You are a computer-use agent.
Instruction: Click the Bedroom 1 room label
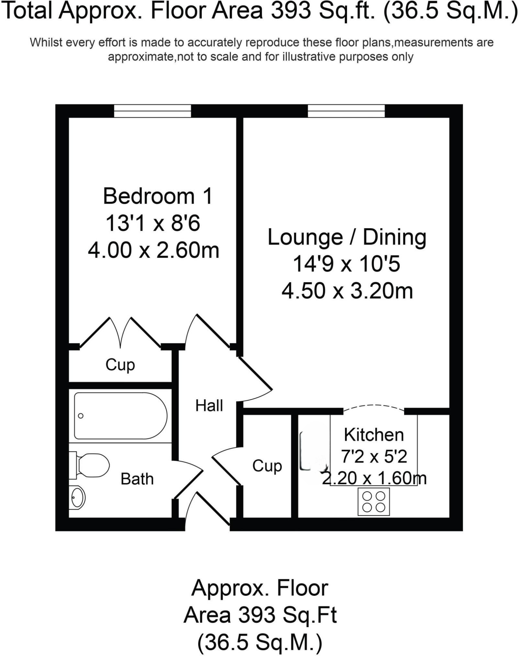tap(157, 196)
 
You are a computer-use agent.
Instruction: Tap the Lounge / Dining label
tap(347, 237)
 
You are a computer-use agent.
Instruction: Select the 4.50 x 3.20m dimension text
tap(347, 291)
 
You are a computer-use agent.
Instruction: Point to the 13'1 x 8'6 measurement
tap(153, 224)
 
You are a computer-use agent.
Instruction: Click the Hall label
tap(209, 406)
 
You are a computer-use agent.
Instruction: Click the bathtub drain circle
tap(81, 416)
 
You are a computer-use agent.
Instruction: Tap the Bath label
tap(137, 479)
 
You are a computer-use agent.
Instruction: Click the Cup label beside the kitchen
tap(267, 466)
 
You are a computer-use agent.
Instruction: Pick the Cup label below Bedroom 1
tap(120, 365)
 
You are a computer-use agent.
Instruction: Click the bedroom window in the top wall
tap(152, 111)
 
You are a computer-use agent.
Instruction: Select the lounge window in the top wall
tap(346, 111)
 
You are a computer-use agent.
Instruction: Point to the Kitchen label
tap(374, 435)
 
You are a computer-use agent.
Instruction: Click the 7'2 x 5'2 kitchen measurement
tap(374, 456)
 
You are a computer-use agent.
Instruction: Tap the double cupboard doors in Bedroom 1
tap(120, 334)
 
